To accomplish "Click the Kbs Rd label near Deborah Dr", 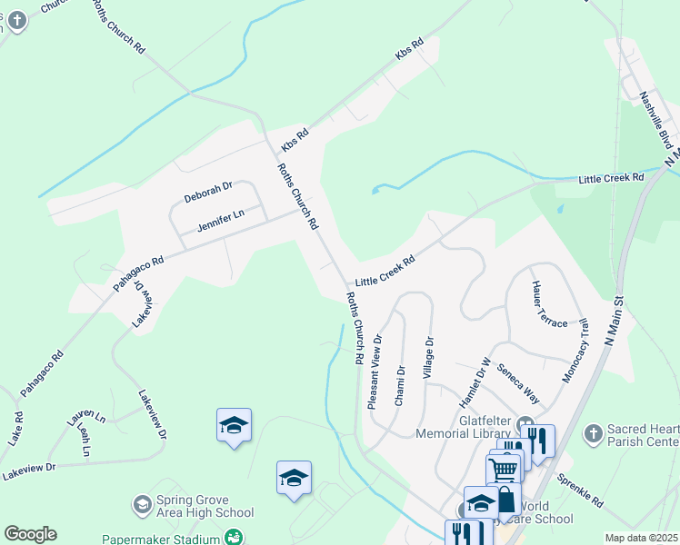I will [x=295, y=139].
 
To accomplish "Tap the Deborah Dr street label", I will [x=208, y=192].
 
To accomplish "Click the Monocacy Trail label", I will [x=576, y=350].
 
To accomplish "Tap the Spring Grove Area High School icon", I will [x=142, y=503].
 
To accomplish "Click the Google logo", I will [x=30, y=534].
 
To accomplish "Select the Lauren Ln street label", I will [x=86, y=419].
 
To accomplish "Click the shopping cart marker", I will [x=504, y=469].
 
